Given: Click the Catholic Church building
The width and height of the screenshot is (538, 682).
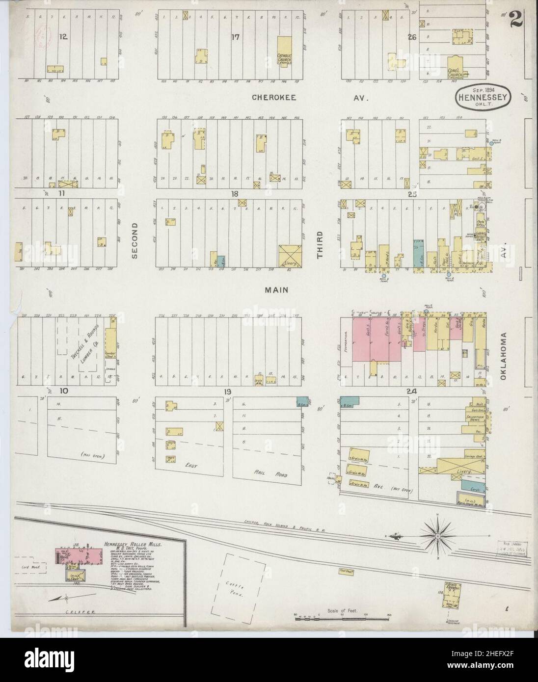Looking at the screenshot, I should click(x=285, y=51).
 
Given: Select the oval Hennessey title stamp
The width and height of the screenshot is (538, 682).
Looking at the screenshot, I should click(x=484, y=95).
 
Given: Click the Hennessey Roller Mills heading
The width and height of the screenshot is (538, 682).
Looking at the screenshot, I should click(x=133, y=545).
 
